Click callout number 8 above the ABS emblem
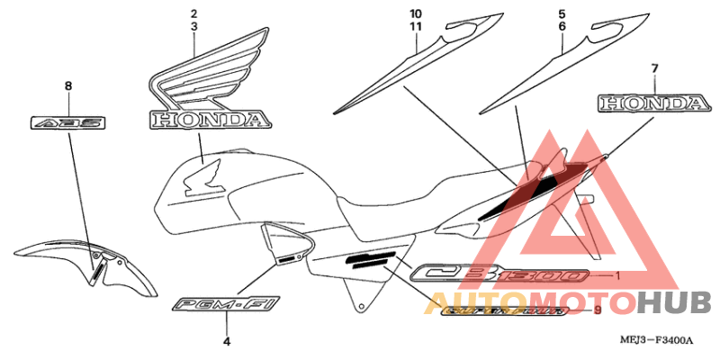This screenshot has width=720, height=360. coord(67,85)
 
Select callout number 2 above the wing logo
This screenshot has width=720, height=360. coord(193,13)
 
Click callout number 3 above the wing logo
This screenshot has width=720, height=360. coord(193,27)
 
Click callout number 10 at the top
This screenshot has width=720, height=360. coord(415,13)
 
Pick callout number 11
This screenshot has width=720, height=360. coord(415,27)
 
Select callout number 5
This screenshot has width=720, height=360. coord(562,13)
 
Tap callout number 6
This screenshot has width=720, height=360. coord(562,27)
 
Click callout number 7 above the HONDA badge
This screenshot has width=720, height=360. coord(654,68)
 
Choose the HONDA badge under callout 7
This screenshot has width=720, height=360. coord(652,103)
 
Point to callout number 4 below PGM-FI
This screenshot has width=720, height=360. coord(226,342)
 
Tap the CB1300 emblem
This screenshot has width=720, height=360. coord(499,274)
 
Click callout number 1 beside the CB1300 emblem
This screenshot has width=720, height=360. coord(617,274)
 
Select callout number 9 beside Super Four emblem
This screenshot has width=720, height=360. coord(597,310)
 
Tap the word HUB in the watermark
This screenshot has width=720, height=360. coord(674,304)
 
